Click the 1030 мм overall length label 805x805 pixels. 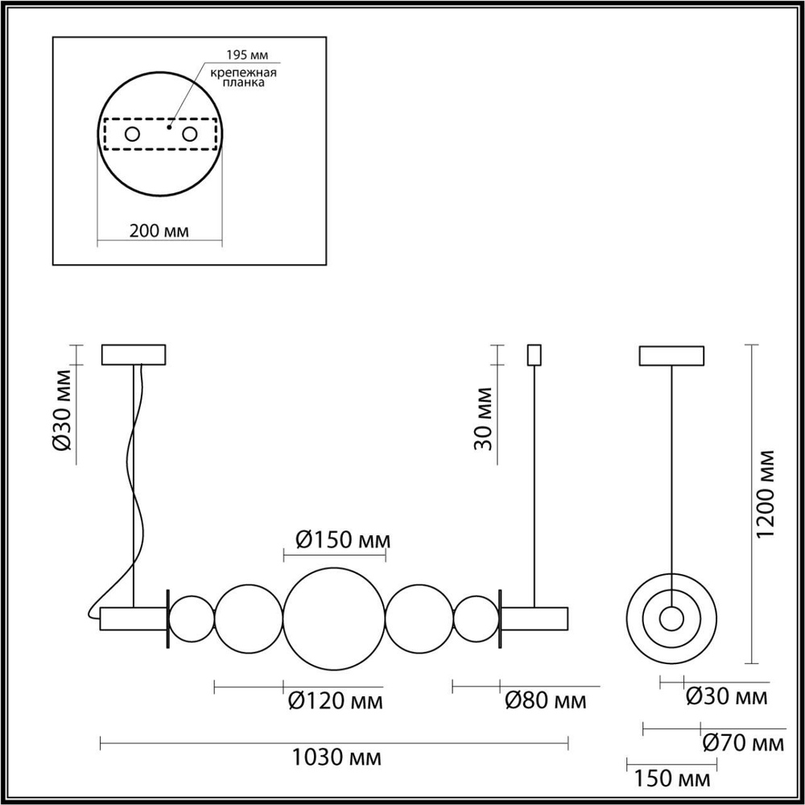pos(336,758)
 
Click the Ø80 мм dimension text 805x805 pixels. pos(545,701)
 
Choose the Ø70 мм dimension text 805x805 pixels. pos(741,741)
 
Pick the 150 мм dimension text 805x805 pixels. pos(672,778)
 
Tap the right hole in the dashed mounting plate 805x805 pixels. pos(190,134)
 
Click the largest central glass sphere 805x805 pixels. pos(334,618)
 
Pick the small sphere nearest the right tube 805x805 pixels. pos(476,618)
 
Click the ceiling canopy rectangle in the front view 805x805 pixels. pos(134,355)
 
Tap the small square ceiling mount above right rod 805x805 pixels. pos(534,354)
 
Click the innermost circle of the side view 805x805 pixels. pos(671,618)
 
